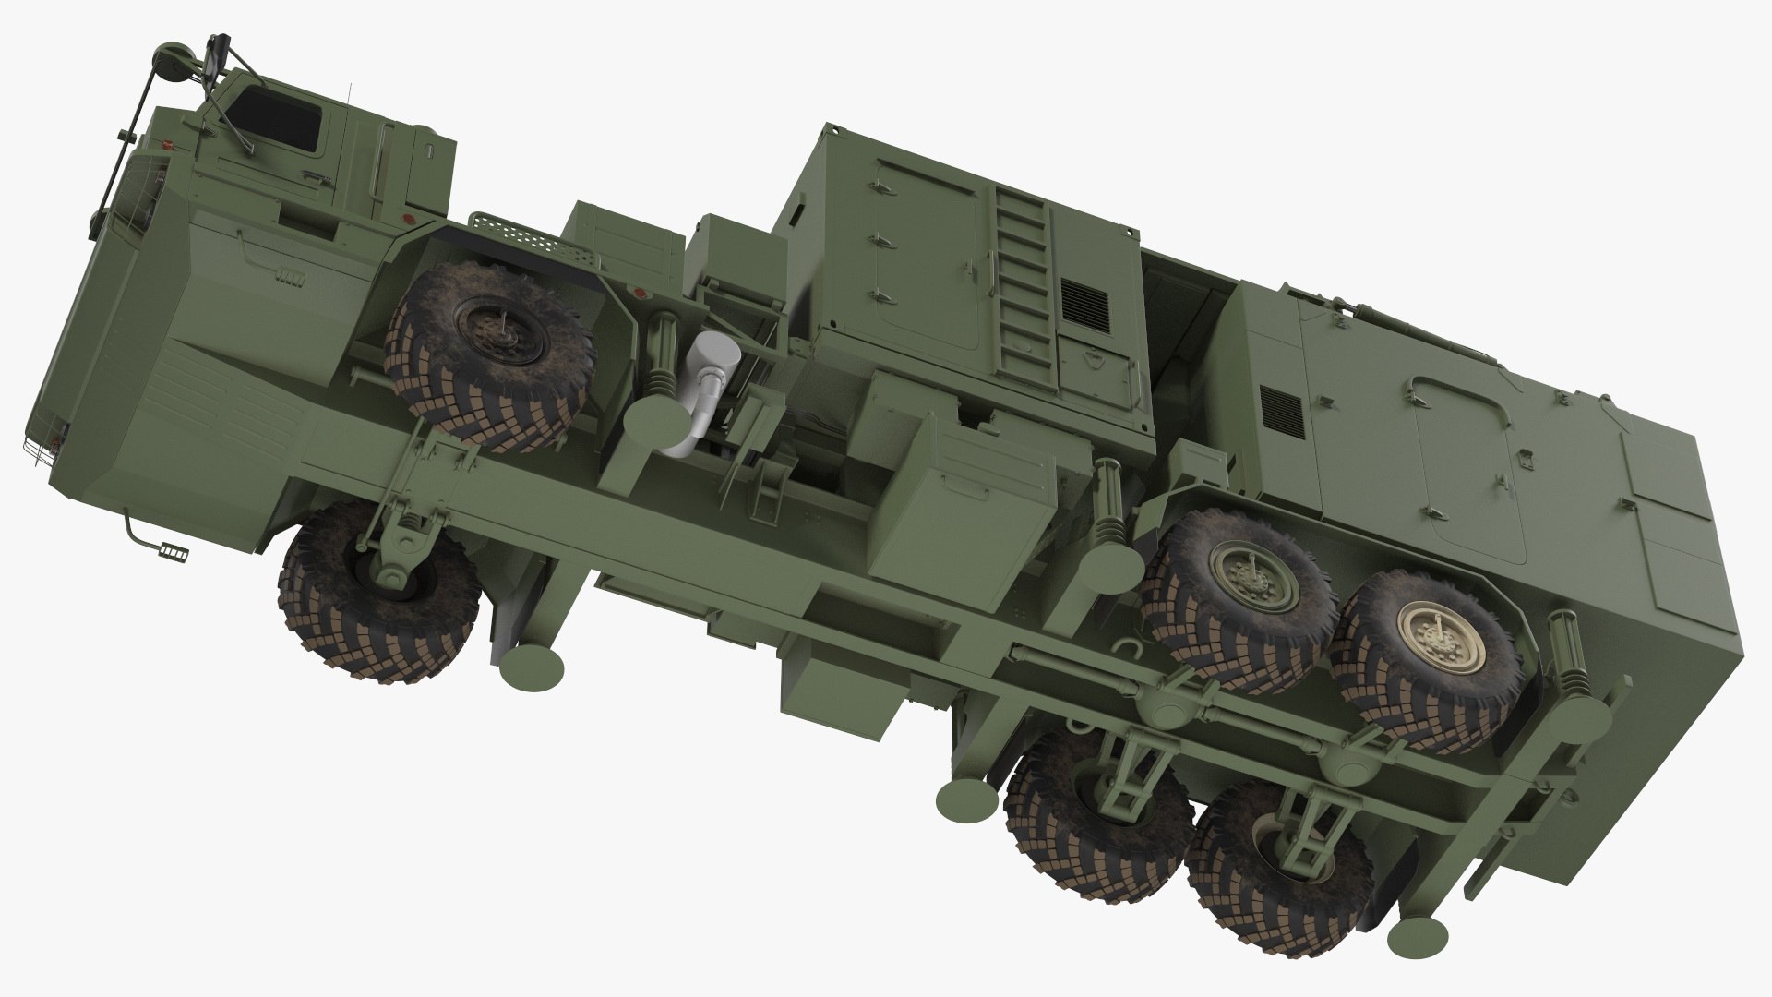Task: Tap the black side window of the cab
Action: [277, 119]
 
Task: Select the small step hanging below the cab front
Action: [173, 551]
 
